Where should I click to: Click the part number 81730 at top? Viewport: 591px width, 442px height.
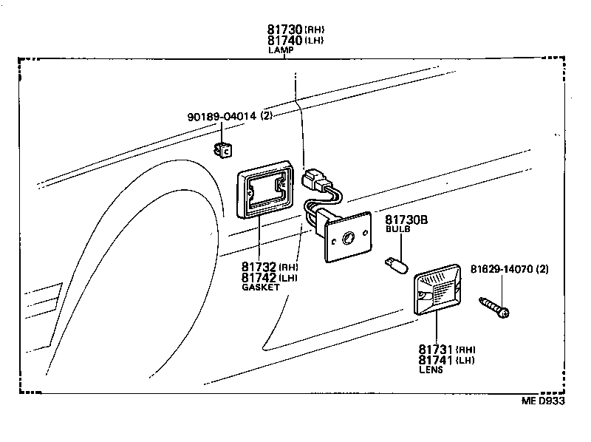click(x=284, y=30)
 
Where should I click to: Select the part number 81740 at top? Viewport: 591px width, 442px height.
click(x=284, y=40)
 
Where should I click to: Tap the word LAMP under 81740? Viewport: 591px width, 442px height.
click(x=281, y=50)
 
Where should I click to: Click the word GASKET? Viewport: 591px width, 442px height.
click(x=261, y=287)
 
